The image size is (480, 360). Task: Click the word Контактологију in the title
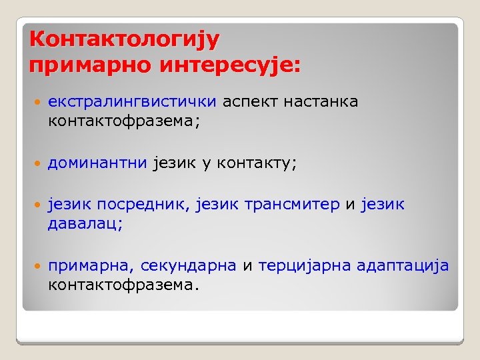click(x=124, y=39)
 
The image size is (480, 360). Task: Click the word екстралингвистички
click(x=132, y=102)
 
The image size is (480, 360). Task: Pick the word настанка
click(x=321, y=102)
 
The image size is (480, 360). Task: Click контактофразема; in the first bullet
click(x=125, y=121)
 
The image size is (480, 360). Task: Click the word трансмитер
click(x=292, y=205)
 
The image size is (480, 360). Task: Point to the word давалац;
click(x=85, y=224)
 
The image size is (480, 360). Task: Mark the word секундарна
click(x=189, y=265)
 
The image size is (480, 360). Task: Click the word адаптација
click(x=403, y=265)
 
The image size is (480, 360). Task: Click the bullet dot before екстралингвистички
click(x=37, y=103)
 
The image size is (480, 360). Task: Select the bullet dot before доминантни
click(x=37, y=163)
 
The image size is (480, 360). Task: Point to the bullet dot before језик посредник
click(x=37, y=205)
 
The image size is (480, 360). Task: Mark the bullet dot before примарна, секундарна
click(x=37, y=266)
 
